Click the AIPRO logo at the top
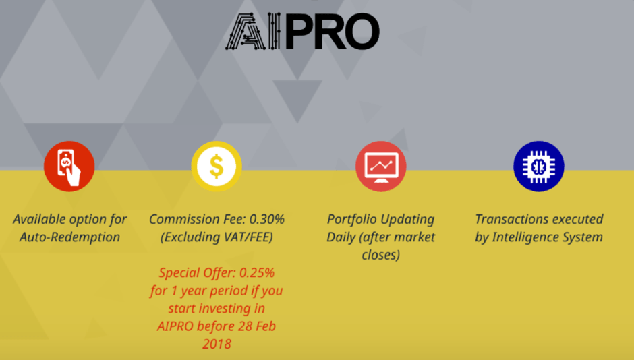coord(302,31)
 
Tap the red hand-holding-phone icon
coord(69,166)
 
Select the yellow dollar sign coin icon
coord(217,166)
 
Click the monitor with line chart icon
coord(381,166)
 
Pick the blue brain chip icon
coord(539,166)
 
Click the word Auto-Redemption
coord(69,237)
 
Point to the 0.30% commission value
coord(267,219)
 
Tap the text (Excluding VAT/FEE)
coord(217,237)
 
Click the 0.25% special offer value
coord(257,273)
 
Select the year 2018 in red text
coord(217,344)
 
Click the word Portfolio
coord(352,219)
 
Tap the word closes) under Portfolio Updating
coord(381,255)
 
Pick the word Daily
coord(341,237)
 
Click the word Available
coord(39,219)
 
